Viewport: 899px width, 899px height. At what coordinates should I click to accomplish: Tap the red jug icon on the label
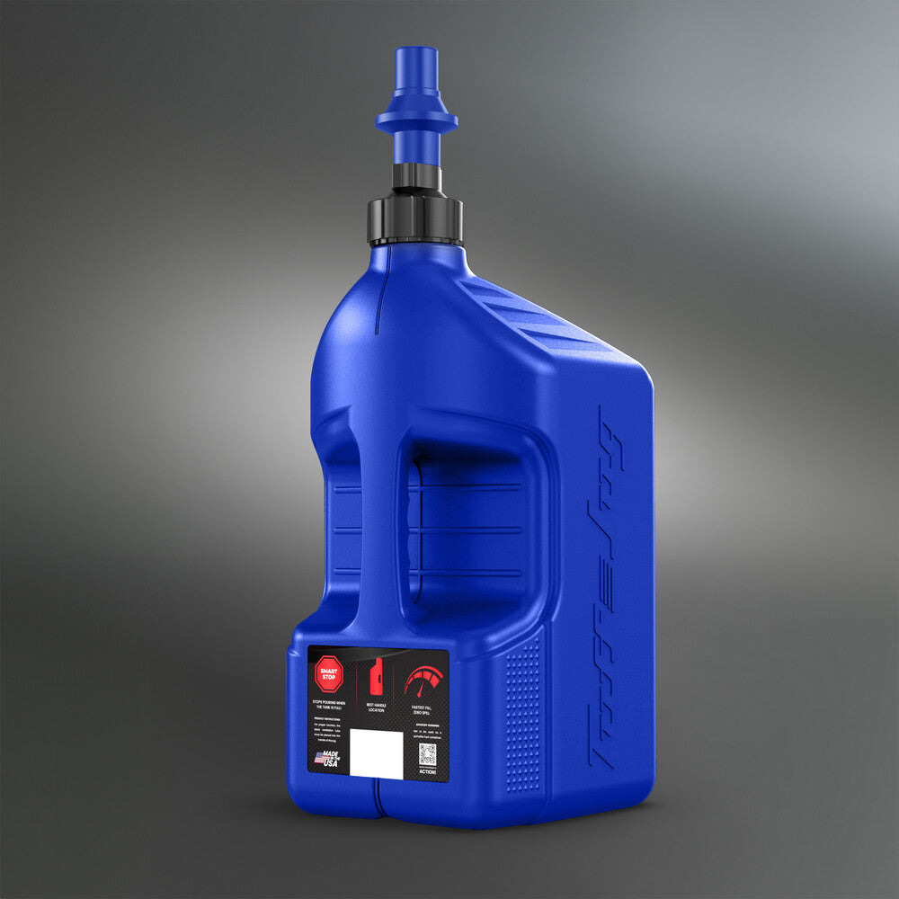[x=377, y=675]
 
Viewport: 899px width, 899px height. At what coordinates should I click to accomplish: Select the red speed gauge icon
[x=423, y=681]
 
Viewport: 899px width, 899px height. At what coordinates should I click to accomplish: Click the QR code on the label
[x=427, y=753]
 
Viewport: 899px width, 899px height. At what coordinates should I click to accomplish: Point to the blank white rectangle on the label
[x=375, y=752]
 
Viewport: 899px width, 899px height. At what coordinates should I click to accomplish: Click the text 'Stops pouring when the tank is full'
[x=328, y=704]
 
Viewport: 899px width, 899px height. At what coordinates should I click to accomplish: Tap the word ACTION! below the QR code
[x=428, y=771]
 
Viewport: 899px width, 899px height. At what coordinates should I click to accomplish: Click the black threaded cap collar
[x=415, y=220]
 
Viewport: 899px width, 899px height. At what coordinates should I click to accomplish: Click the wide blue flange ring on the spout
[x=416, y=120]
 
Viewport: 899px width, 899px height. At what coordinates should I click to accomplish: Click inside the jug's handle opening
[x=467, y=530]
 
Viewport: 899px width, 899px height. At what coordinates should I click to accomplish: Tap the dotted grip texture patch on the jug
[x=523, y=710]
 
